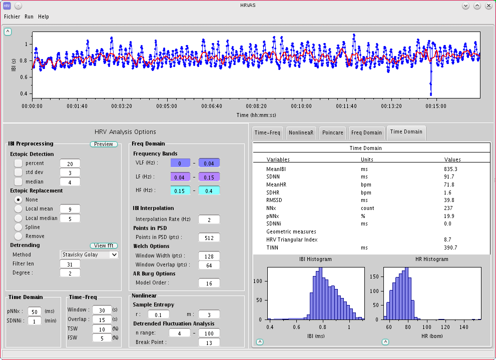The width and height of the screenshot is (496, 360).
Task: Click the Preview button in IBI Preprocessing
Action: click(x=104, y=144)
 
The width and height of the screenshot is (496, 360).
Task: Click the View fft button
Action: click(x=104, y=245)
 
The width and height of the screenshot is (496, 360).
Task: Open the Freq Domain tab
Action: click(x=366, y=132)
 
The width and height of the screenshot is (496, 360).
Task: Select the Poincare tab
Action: click(x=332, y=132)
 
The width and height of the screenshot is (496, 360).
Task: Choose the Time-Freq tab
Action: click(x=268, y=132)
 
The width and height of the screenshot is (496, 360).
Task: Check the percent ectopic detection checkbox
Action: click(x=18, y=163)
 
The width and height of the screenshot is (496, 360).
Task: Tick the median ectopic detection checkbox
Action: click(x=18, y=181)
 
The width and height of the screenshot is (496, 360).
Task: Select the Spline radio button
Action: click(x=18, y=227)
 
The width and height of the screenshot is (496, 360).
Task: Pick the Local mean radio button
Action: click(x=18, y=208)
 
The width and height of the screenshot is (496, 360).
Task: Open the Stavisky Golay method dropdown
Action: click(x=89, y=254)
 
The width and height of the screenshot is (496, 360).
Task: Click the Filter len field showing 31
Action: click(x=70, y=263)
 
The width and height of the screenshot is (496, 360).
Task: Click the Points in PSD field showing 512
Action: click(x=209, y=237)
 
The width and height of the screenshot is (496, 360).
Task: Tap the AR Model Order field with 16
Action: click(x=209, y=283)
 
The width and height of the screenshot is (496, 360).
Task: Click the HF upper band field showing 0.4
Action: click(x=209, y=190)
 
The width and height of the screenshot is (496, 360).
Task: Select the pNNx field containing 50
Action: click(x=35, y=311)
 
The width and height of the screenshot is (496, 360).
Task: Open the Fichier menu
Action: click(x=12, y=16)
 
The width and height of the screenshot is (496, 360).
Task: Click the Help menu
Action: click(x=44, y=16)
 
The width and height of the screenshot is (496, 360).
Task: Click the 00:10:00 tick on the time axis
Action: click(x=301, y=106)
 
